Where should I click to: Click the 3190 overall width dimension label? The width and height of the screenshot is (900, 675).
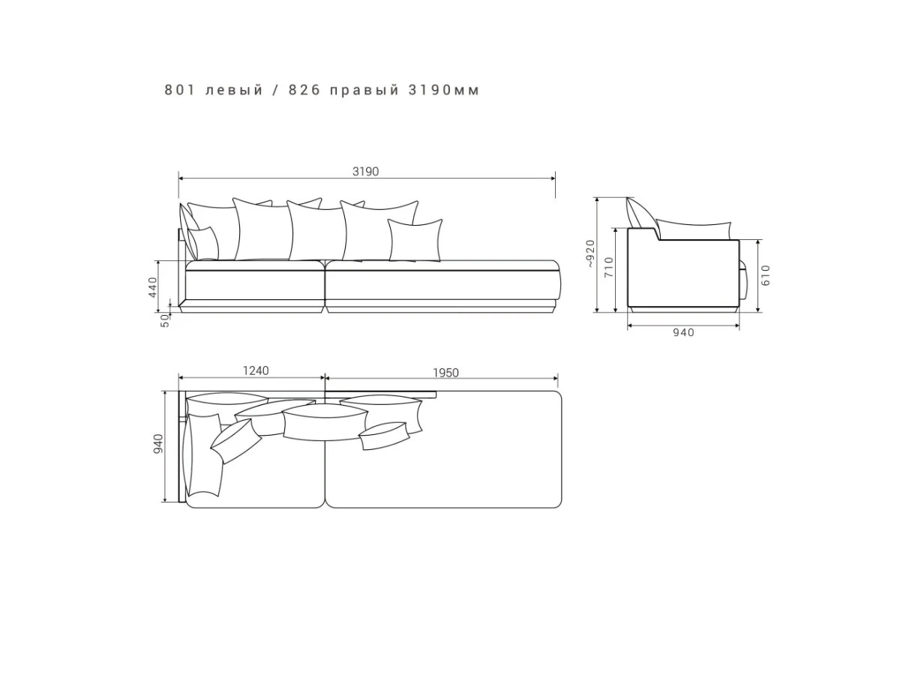pos(365,171)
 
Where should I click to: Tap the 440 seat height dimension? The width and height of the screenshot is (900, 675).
pos(152,287)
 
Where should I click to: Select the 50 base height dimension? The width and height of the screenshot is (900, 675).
pos(164,320)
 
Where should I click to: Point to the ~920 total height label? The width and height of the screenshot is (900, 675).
pos(589,254)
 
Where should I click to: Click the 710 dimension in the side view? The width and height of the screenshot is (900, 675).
pos(609,267)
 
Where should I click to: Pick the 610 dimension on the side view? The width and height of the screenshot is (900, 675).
pos(766,275)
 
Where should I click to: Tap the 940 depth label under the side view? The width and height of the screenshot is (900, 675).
pos(683,332)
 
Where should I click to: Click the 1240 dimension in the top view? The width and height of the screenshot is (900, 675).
pos(256,370)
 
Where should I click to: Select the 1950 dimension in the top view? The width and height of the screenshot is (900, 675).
pos(445,373)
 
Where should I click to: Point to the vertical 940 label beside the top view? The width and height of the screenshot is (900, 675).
pos(157,444)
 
